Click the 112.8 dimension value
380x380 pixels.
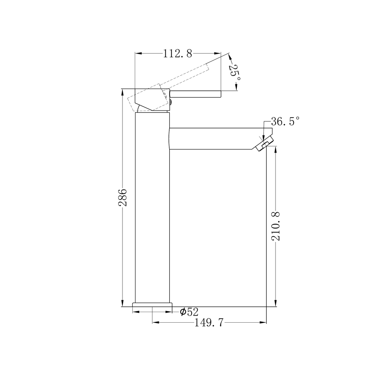pyautogui.click(x=177, y=53)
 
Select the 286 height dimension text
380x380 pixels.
pyautogui.click(x=123, y=197)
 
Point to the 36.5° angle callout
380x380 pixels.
pyautogui.click(x=285, y=121)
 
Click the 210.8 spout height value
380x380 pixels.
pyautogui.click(x=275, y=226)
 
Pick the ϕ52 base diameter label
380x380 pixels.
pyautogui.click(x=189, y=312)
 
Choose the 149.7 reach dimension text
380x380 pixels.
pyautogui.click(x=209, y=323)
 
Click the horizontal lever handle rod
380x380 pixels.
pyautogui.click(x=195, y=94)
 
